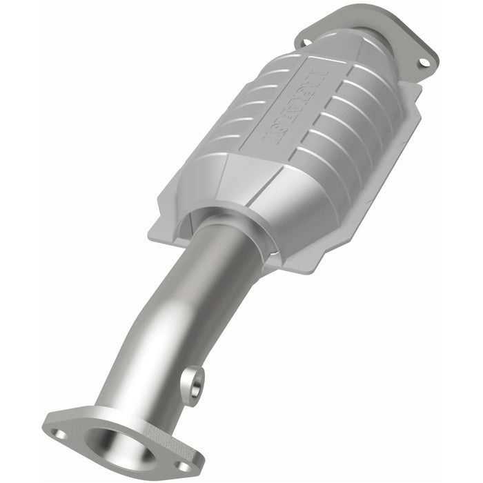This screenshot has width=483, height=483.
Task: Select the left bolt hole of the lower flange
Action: click(61, 435)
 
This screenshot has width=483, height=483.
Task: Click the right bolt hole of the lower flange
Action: click(185, 466)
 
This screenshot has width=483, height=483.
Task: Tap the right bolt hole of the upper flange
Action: click(424, 63)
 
